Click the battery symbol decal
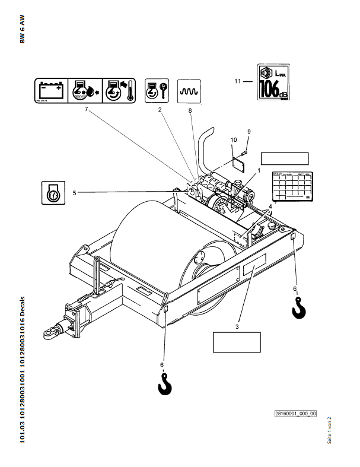pyautogui.click(x=50, y=91)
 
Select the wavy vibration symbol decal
pyautogui.click(x=190, y=91)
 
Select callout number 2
pyautogui.click(x=160, y=110)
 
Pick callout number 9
pyautogui.click(x=249, y=131)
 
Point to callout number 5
pyautogui.click(x=75, y=192)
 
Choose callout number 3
pyautogui.click(x=237, y=326)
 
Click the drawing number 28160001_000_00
pyautogui.click(x=295, y=414)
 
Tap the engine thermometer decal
pyautogui.click(x=119, y=91)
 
